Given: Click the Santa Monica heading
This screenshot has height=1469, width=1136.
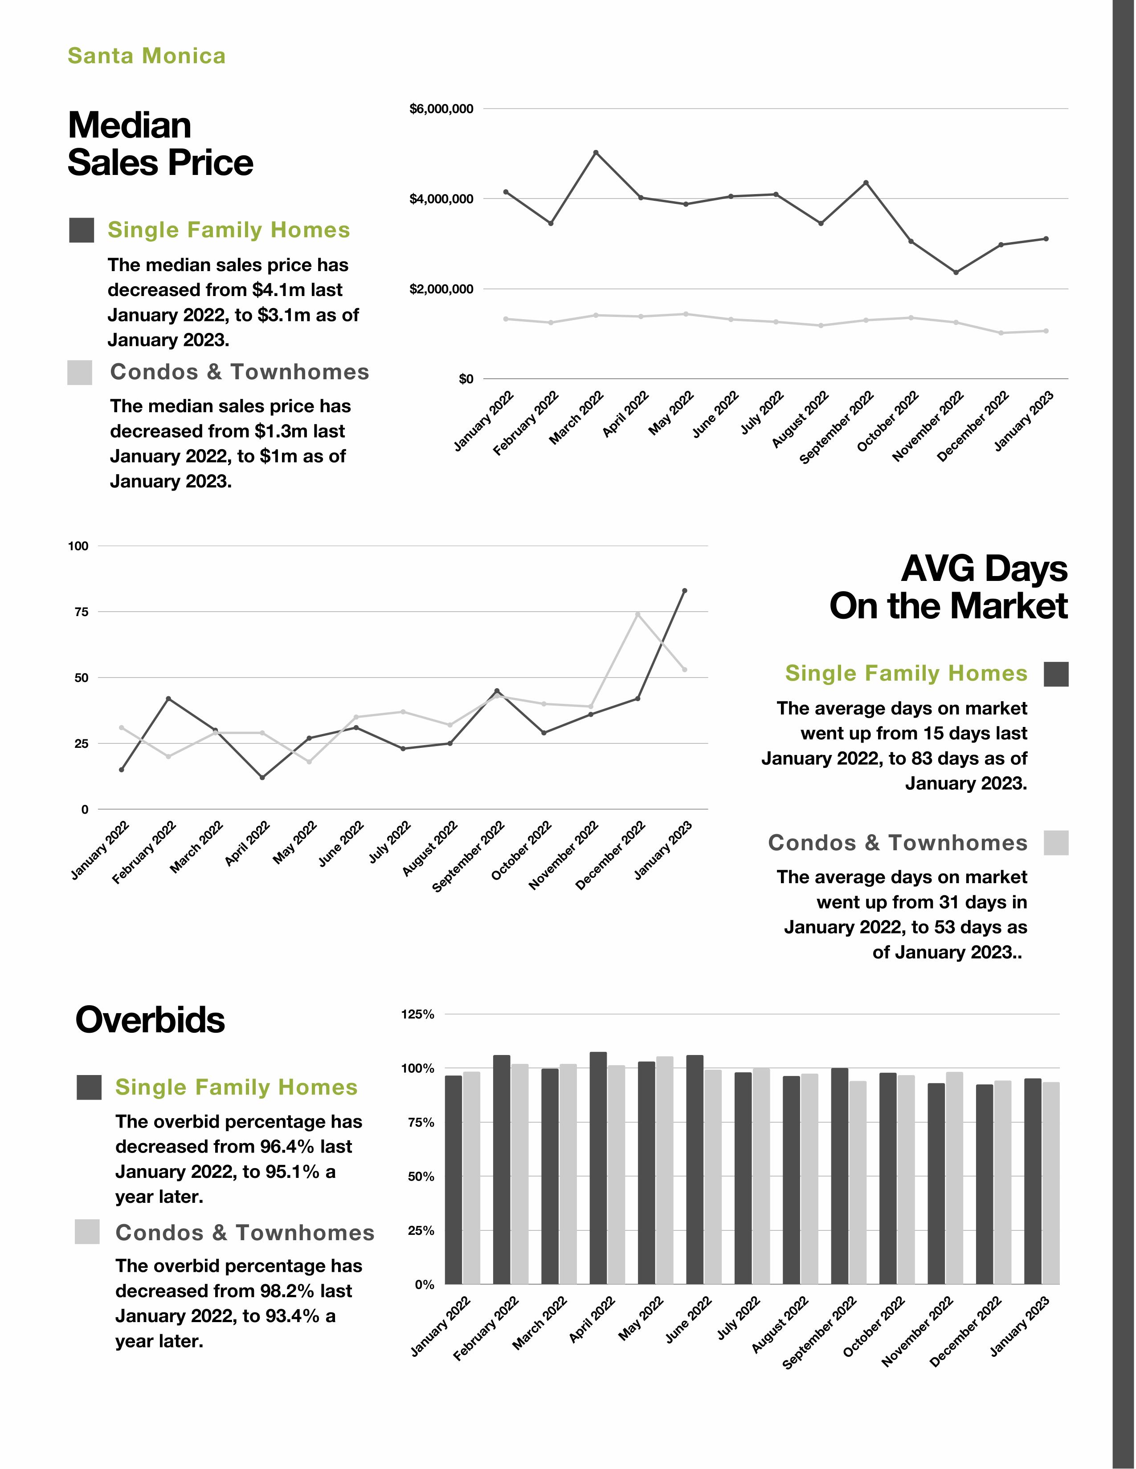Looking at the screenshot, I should [x=147, y=56].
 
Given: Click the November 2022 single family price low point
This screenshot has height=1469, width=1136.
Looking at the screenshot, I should [x=956, y=272].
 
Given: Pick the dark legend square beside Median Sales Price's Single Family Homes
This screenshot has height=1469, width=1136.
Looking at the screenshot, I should [x=82, y=230].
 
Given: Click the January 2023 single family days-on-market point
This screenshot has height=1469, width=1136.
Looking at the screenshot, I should [x=684, y=591].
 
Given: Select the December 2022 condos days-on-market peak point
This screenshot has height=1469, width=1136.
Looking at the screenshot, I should [x=637, y=614].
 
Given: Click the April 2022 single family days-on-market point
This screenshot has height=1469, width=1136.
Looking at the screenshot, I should [x=262, y=778].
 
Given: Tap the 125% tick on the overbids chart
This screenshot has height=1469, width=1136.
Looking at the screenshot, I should [x=417, y=1015].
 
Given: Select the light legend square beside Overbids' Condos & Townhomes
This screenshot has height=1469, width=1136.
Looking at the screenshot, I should [x=87, y=1232].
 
